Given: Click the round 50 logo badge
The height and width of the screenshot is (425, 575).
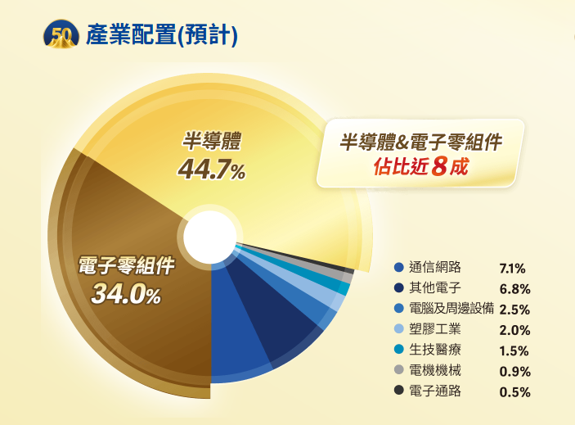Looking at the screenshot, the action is pyautogui.click(x=61, y=34).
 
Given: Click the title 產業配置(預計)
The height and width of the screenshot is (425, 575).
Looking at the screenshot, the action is pyautogui.click(x=162, y=35).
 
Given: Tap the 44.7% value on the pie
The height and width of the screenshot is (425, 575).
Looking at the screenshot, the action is pyautogui.click(x=212, y=170).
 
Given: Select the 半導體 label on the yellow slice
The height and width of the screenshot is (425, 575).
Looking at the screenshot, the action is pyautogui.click(x=212, y=141).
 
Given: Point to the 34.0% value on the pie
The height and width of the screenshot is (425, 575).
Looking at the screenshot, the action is pyautogui.click(x=126, y=294).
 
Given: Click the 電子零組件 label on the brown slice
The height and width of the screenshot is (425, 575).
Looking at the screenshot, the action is pyautogui.click(x=127, y=265).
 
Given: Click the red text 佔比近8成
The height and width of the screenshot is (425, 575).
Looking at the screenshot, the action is pyautogui.click(x=421, y=166).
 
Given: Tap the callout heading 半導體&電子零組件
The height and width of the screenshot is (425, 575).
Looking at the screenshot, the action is pyautogui.click(x=420, y=142).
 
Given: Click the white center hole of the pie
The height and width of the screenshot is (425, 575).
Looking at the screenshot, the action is pyautogui.click(x=210, y=237).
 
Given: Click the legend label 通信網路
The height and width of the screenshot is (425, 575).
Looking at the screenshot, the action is pyautogui.click(x=435, y=267).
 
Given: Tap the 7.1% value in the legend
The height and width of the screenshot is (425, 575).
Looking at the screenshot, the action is pyautogui.click(x=512, y=269).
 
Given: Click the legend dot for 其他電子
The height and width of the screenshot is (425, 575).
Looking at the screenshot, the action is pyautogui.click(x=399, y=287).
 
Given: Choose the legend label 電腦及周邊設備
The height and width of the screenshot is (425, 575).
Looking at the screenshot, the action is pyautogui.click(x=451, y=308).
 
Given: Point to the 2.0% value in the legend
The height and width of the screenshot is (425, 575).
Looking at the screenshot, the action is pyautogui.click(x=514, y=330).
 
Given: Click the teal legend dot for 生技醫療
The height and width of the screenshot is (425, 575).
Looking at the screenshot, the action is pyautogui.click(x=399, y=349).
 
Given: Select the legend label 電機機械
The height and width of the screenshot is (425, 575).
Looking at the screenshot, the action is pyautogui.click(x=435, y=370).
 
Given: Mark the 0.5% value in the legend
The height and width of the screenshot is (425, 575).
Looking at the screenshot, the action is pyautogui.click(x=514, y=392).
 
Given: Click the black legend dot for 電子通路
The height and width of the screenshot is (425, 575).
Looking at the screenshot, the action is pyautogui.click(x=399, y=390).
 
